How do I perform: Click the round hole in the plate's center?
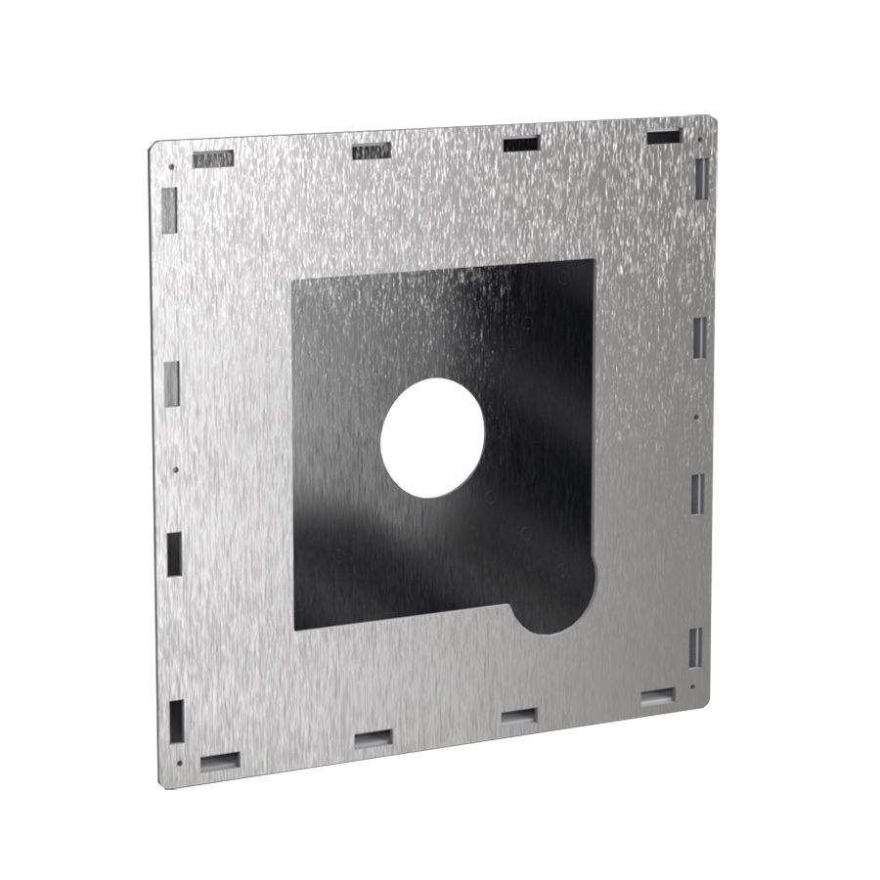[x=432, y=436]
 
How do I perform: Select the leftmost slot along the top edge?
[x=212, y=158]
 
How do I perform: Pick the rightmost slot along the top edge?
[x=664, y=137]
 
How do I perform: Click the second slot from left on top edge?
[x=371, y=152]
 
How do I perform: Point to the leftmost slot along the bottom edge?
[x=219, y=759]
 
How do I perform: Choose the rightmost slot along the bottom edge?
[x=657, y=697]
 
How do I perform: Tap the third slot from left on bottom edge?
[x=518, y=717]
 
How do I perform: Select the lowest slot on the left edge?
[x=176, y=720]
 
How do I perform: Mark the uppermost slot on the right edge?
[x=702, y=176]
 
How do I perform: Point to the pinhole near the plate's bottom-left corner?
[x=180, y=765]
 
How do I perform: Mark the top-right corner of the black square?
[x=593, y=260]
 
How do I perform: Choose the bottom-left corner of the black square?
[x=296, y=629]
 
